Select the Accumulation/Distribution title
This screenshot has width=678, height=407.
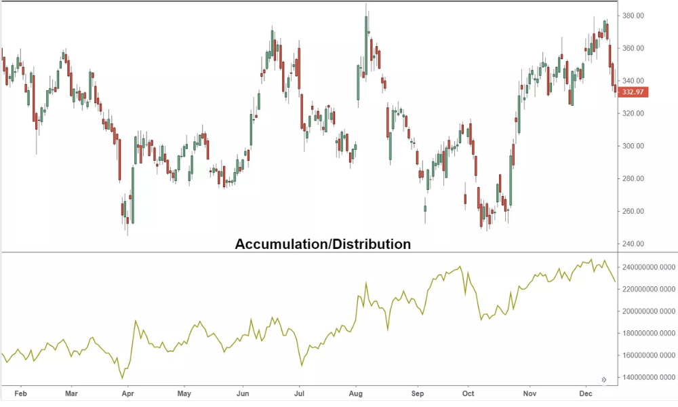(323, 244)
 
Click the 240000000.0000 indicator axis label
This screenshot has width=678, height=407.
(649, 267)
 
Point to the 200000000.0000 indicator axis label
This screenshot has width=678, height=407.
(649, 311)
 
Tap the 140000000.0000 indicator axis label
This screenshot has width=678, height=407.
(649, 377)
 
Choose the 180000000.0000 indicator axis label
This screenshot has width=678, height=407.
(649, 333)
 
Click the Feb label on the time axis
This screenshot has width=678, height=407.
(20, 393)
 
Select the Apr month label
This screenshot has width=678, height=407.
(127, 393)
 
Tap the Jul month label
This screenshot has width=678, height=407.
(299, 393)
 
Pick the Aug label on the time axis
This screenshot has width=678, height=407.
(355, 393)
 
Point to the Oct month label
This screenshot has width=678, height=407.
(468, 393)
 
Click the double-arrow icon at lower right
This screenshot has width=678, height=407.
(603, 380)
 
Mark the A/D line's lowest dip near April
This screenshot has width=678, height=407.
(122, 378)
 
